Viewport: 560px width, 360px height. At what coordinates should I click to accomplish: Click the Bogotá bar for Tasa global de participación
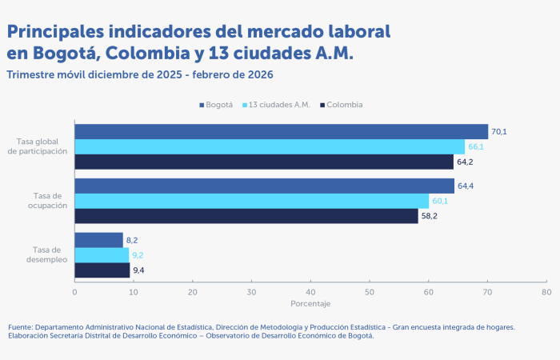click(280, 131)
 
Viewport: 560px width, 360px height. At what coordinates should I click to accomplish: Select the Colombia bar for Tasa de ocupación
click(246, 216)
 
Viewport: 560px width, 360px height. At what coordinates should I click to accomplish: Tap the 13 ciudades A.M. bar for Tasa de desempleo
click(102, 254)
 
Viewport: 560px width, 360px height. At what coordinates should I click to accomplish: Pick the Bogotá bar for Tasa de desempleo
click(98, 240)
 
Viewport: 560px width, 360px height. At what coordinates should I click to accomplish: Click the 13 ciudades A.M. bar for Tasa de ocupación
click(251, 201)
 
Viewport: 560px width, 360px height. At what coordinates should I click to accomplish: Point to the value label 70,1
click(499, 131)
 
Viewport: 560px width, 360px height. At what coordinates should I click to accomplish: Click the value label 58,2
click(430, 216)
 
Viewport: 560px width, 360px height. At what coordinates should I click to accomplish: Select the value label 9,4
click(139, 270)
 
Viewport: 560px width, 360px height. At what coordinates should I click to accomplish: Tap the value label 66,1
click(476, 146)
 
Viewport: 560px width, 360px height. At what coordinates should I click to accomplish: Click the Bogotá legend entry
click(215, 105)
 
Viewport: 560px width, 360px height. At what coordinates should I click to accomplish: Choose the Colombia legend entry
click(341, 105)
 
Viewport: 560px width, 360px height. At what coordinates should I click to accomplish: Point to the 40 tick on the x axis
click(310, 292)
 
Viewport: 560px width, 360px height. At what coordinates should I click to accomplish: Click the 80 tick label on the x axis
click(546, 292)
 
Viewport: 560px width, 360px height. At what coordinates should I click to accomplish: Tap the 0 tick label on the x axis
click(74, 292)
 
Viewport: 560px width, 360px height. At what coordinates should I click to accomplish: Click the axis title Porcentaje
click(310, 304)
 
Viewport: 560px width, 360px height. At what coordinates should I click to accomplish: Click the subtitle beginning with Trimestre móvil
click(140, 74)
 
